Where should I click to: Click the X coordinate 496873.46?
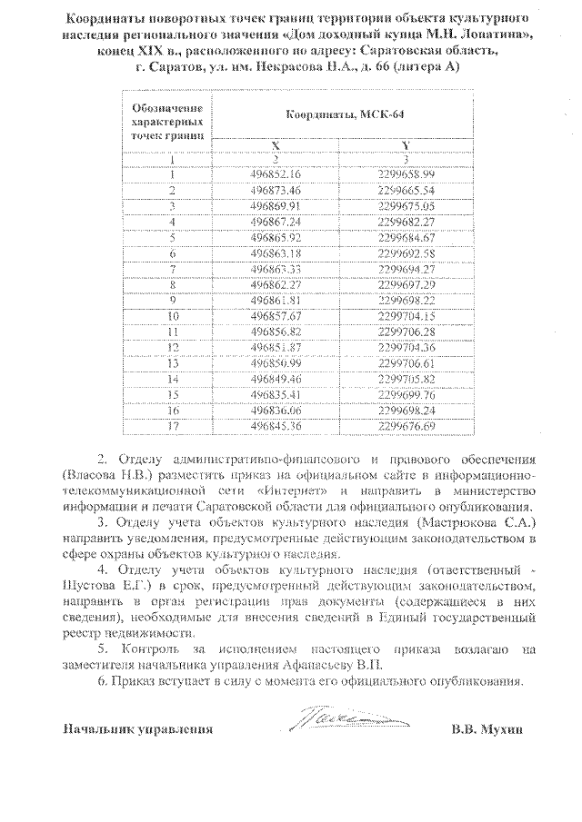click(274, 190)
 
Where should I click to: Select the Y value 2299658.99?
click(406, 173)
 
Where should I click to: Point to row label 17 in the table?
click(171, 425)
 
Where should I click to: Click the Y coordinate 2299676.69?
click(406, 425)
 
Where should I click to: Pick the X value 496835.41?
click(274, 394)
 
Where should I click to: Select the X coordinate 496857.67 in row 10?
click(274, 315)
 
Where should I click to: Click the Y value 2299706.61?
click(406, 362)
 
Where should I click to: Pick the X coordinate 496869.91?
click(274, 205)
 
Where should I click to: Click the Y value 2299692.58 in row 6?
click(406, 253)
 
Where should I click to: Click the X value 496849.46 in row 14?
click(274, 378)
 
